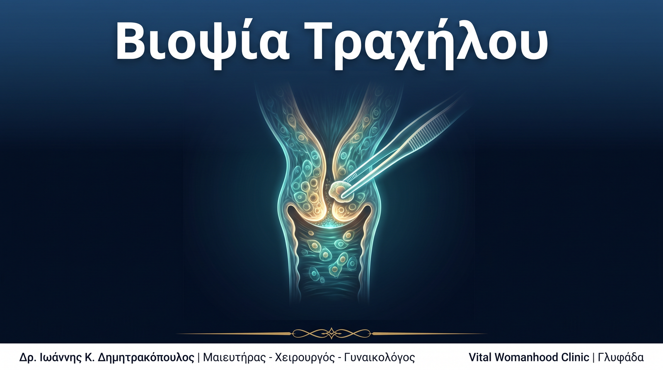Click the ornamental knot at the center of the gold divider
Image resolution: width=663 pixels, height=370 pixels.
click(331, 333)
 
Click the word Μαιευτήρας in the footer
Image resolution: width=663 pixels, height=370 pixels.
click(235, 358)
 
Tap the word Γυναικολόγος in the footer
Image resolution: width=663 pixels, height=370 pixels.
click(380, 358)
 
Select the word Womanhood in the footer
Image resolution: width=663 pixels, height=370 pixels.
click(526, 357)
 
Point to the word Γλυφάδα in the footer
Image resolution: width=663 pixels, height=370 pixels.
click(621, 358)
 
